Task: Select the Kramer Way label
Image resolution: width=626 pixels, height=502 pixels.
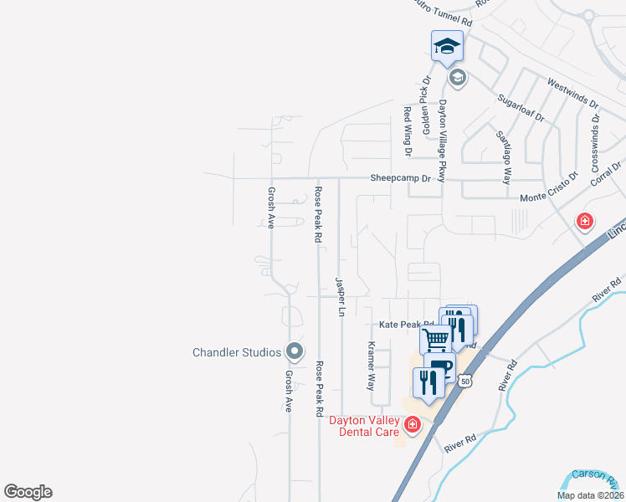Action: click(x=372, y=366)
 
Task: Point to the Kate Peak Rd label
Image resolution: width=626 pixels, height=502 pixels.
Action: click(x=407, y=324)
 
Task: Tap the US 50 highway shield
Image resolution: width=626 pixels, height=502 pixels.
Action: click(x=465, y=381)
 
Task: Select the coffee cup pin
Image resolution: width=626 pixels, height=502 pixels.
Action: click(x=439, y=366)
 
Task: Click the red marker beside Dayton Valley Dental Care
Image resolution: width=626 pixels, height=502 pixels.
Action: click(x=412, y=426)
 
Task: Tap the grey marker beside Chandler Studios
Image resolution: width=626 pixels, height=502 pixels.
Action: click(x=293, y=351)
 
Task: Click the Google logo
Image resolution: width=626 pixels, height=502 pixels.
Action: click(x=28, y=492)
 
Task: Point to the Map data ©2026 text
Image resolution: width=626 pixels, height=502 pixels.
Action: click(x=590, y=495)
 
